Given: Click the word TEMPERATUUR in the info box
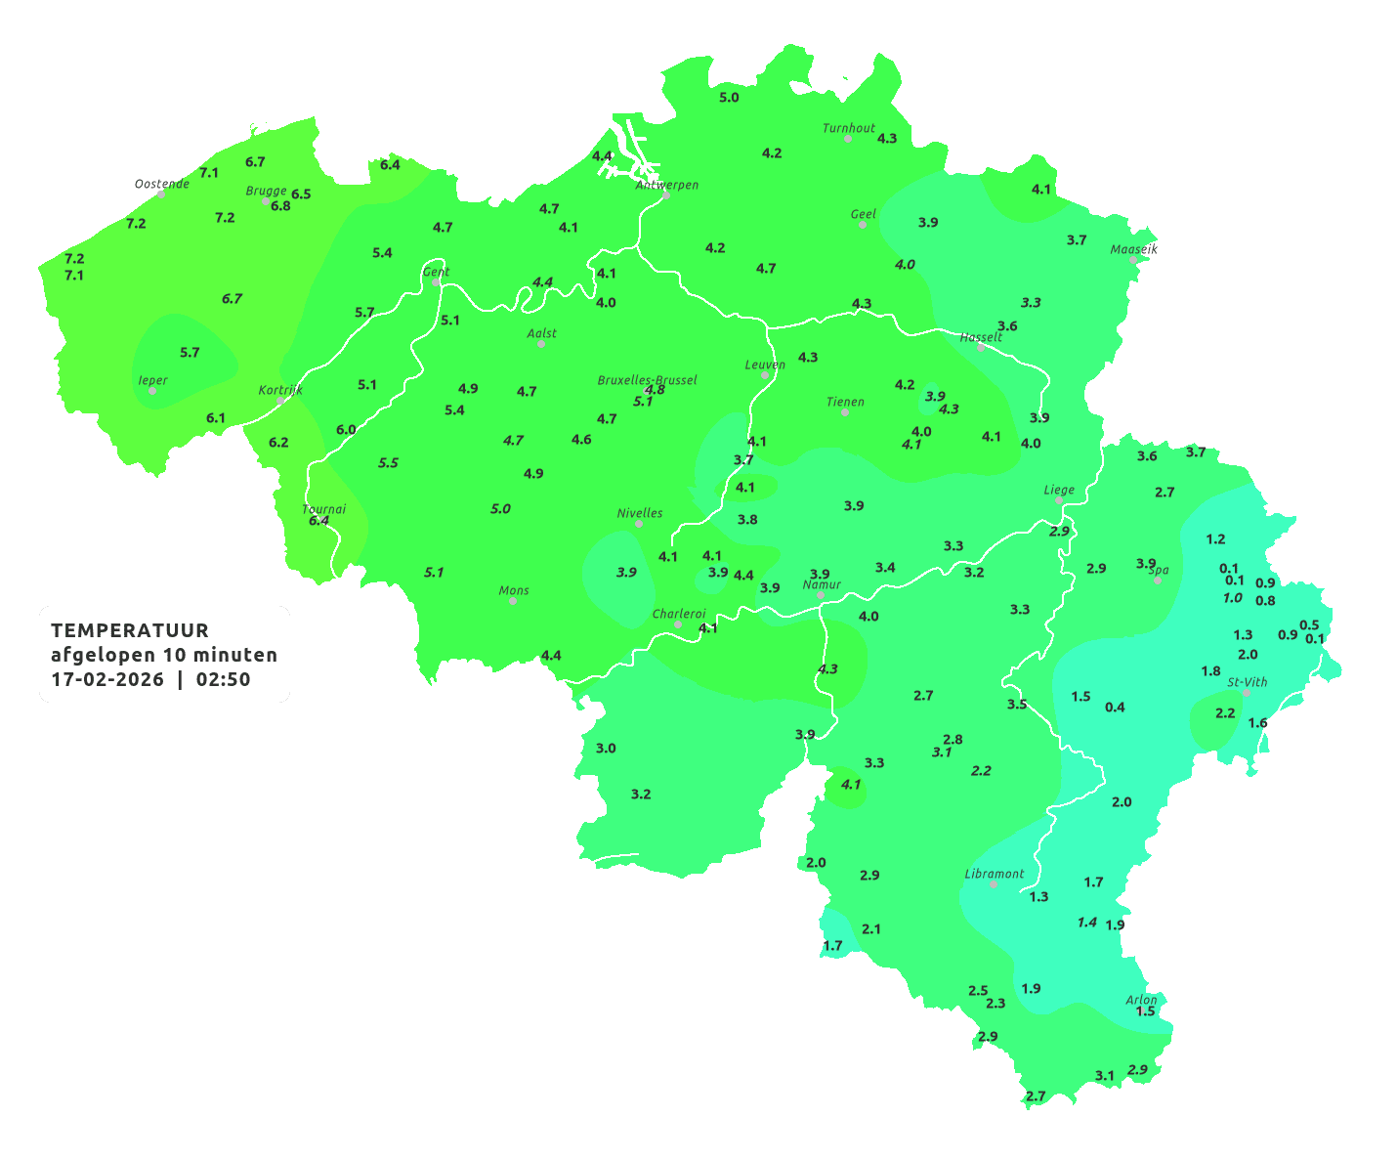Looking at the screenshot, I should (x=130, y=630).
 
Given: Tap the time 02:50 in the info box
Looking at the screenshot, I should (x=223, y=679).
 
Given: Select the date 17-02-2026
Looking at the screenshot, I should (x=107, y=679).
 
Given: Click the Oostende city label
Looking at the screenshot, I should (x=161, y=184).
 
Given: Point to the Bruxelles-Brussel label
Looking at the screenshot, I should (x=647, y=379).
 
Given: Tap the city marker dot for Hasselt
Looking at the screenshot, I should (x=981, y=348).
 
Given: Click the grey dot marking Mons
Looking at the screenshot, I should (x=513, y=601).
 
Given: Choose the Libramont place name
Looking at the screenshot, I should (x=994, y=874).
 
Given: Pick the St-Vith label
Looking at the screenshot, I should (x=1248, y=682).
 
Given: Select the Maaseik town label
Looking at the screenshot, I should (x=1133, y=249).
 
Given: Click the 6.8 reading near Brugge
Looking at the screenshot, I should (x=280, y=206).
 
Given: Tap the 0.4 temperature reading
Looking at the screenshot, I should (x=1115, y=708).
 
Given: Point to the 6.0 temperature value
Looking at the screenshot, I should (x=346, y=430).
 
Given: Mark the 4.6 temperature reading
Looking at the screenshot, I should (x=581, y=440).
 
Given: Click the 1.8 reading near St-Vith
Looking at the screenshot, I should (x=1210, y=671).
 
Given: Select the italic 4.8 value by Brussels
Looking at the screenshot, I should (x=655, y=390).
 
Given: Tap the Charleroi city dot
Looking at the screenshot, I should (x=678, y=624).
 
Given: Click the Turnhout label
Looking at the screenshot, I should (x=848, y=128).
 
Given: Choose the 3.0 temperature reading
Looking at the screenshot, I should (x=606, y=749).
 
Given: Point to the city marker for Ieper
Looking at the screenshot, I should (x=152, y=391).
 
